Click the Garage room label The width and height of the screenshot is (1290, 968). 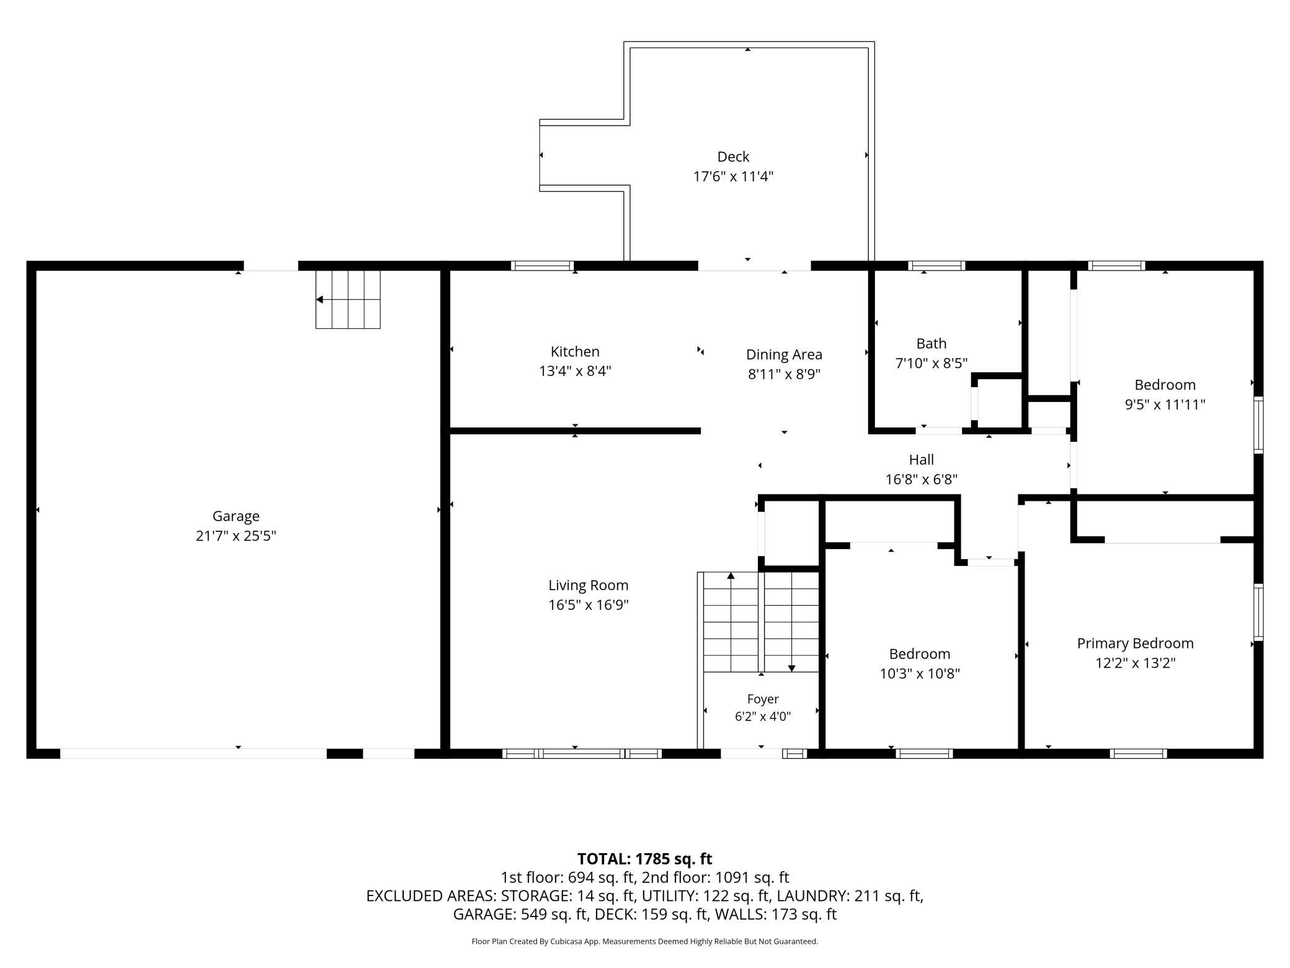tap(236, 516)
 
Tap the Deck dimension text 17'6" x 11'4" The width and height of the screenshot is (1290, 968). tap(733, 176)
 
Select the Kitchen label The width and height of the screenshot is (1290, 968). tap(575, 351)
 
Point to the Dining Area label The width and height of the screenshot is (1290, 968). tap(784, 354)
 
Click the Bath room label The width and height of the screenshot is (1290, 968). tap(932, 343)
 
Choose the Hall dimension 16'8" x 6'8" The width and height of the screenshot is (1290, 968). tap(922, 479)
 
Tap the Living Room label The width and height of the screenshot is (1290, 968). tap(588, 585)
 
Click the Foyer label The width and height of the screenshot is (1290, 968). tap(763, 699)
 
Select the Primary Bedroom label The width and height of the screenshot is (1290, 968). tap(1135, 643)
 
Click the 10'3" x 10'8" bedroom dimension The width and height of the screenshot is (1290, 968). tap(920, 673)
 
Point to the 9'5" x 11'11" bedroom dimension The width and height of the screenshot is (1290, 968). tap(1165, 405)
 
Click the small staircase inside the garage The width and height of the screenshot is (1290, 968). tap(348, 299)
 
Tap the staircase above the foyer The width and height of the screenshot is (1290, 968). tap(761, 622)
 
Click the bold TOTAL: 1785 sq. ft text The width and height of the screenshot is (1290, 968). tap(644, 859)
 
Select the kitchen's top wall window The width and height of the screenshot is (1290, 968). tap(542, 266)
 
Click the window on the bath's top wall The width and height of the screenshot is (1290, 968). tap(936, 266)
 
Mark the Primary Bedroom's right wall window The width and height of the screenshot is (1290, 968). tap(1258, 612)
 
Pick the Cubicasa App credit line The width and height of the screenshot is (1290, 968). tap(644, 941)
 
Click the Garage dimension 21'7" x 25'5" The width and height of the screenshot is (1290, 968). tap(236, 536)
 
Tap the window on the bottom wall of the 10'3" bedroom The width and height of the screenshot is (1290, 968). tap(924, 753)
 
